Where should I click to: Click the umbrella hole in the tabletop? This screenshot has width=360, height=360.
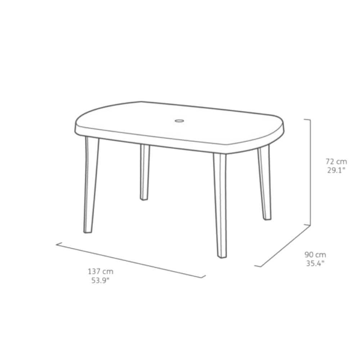click(x=179, y=121)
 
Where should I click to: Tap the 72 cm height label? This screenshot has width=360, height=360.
click(x=336, y=162)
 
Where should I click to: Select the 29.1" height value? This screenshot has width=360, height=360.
click(x=336, y=170)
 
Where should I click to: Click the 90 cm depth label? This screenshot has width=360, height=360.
click(x=315, y=255)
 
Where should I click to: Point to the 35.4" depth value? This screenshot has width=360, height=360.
click(x=315, y=264)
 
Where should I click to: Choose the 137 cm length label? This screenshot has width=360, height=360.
click(x=100, y=271)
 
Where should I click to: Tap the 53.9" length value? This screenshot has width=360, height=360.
click(x=100, y=280)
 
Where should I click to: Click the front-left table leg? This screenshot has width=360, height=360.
click(x=91, y=185)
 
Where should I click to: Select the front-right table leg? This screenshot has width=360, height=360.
click(x=220, y=205)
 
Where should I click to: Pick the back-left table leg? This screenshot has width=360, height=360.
click(x=145, y=172)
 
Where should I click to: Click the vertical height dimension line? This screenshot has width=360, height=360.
click(x=310, y=172)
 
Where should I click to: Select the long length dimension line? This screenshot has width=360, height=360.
click(x=131, y=260)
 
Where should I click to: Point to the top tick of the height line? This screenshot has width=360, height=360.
click(x=307, y=120)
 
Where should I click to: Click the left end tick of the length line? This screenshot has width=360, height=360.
click(x=59, y=244)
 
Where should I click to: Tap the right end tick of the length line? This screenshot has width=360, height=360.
click(x=203, y=276)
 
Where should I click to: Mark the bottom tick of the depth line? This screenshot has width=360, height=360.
click(x=258, y=266)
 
